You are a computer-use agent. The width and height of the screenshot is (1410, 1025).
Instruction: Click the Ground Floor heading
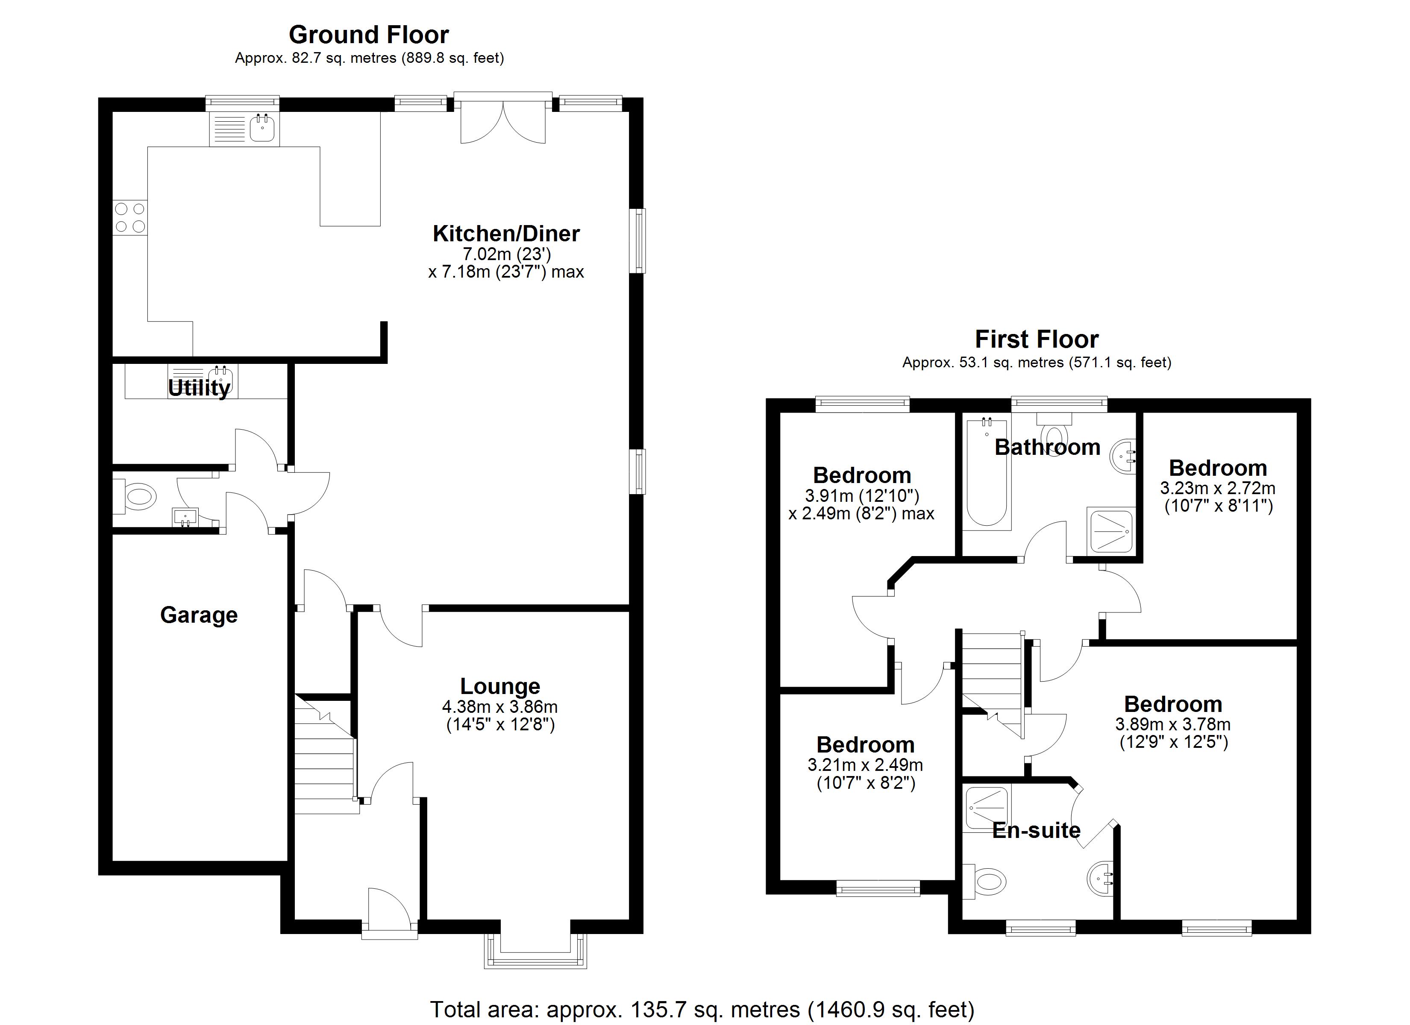(369, 35)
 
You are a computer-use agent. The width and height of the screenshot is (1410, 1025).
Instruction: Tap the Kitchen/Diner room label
(506, 234)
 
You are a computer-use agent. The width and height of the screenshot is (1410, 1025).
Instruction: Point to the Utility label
(199, 388)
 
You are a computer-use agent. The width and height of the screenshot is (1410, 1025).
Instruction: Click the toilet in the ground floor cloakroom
(136, 497)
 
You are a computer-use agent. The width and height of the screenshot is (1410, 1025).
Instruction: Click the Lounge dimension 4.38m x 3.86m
(500, 707)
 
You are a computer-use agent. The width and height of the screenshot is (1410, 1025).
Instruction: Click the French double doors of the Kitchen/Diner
(503, 121)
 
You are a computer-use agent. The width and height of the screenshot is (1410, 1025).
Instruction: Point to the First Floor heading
(1037, 340)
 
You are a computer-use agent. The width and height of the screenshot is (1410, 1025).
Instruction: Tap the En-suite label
(1037, 830)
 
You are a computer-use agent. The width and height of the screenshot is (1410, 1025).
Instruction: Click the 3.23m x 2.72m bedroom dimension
(1217, 489)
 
